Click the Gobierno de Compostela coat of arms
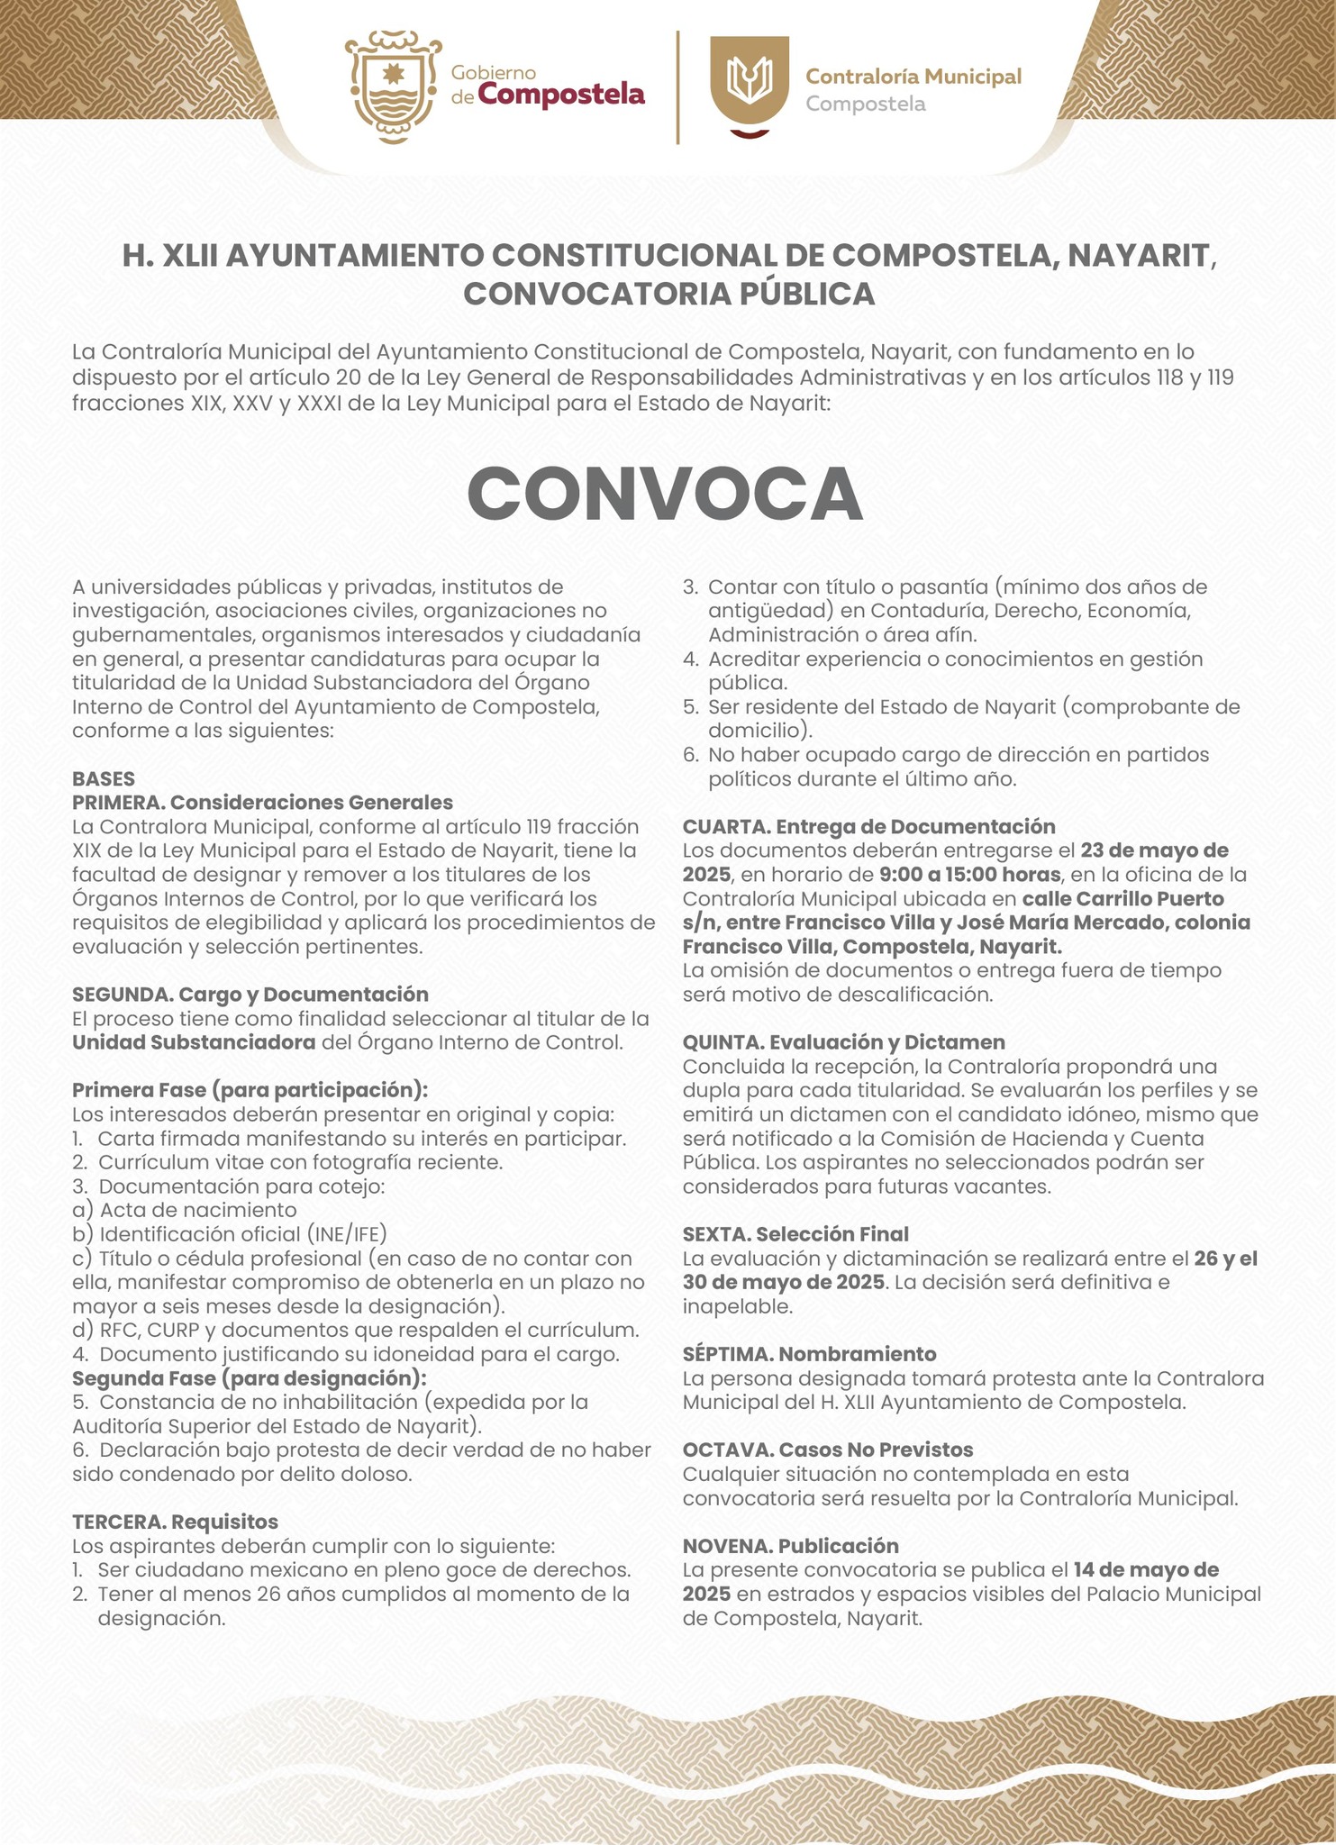coord(393,87)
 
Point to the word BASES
coord(104,778)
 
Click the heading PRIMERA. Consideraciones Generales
coord(262,802)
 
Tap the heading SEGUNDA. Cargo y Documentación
coord(250,994)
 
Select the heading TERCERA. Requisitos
coord(175,1522)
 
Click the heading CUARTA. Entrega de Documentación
coord(868,826)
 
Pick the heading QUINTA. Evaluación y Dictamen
coord(843,1042)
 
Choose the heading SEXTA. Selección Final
coord(795,1233)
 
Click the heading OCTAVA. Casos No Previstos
coord(828,1450)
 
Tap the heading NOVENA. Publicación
coord(790,1546)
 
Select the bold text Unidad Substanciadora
coord(194,1042)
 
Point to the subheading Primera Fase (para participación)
coord(250,1090)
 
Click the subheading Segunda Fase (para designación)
coord(249,1378)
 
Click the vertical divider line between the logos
coord(677,86)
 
